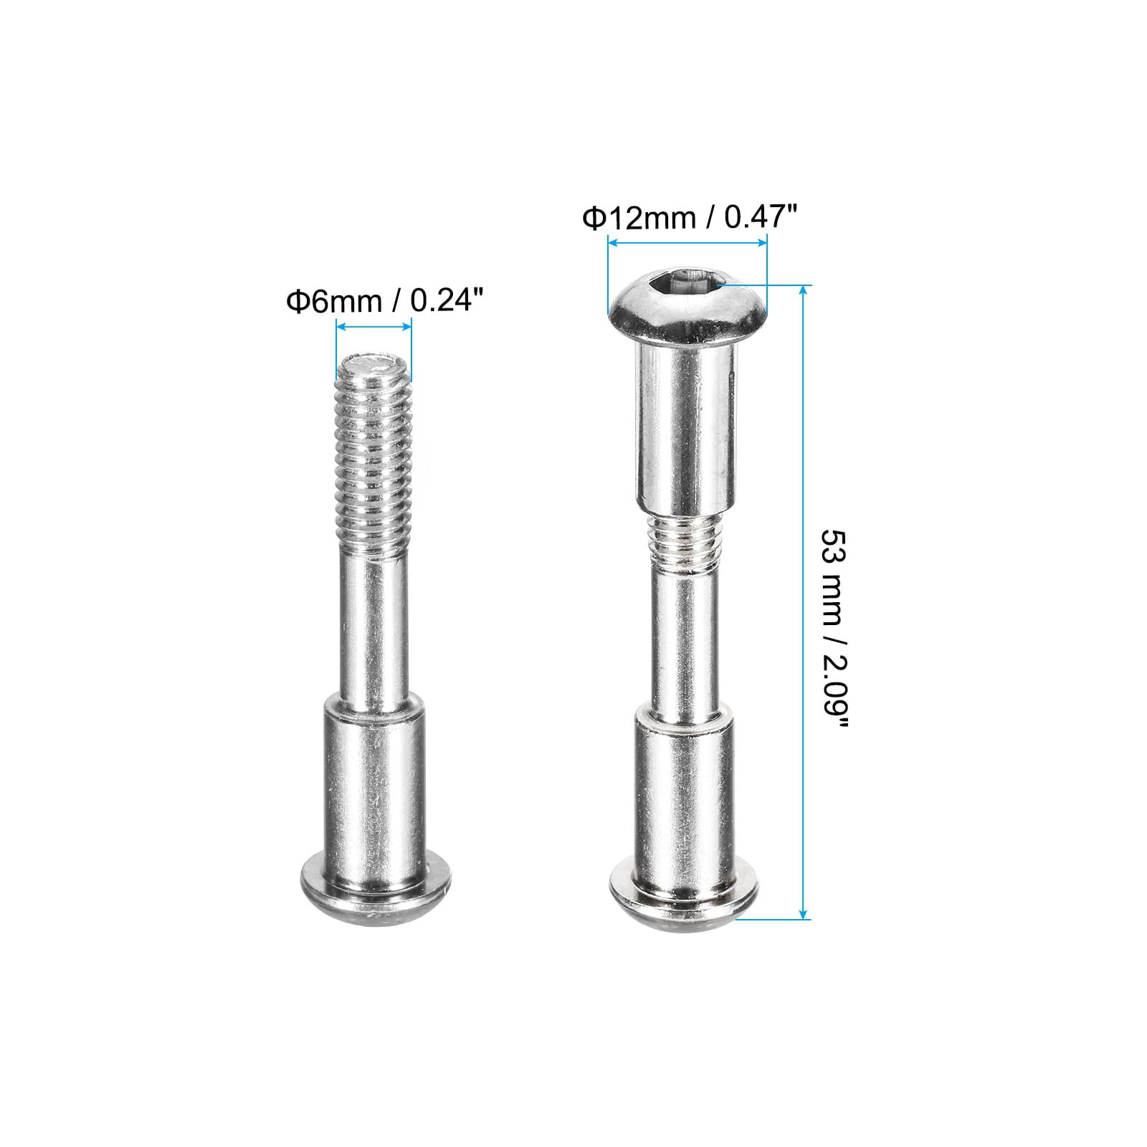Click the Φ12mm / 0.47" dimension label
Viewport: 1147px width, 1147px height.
click(x=689, y=216)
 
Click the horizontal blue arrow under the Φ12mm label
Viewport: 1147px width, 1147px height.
click(x=687, y=244)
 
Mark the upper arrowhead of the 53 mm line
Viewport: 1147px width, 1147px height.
click(x=804, y=290)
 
